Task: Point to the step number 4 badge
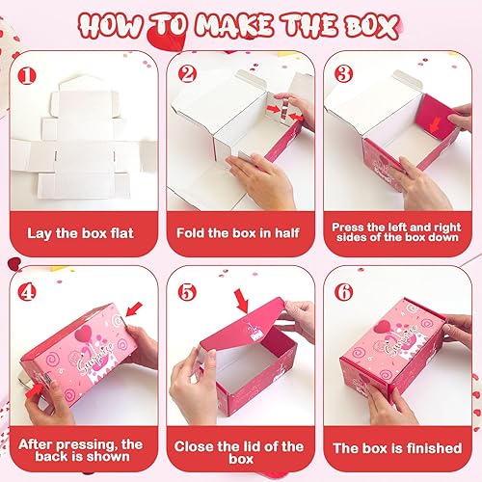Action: tap(29, 290)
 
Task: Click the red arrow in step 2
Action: tap(286, 113)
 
